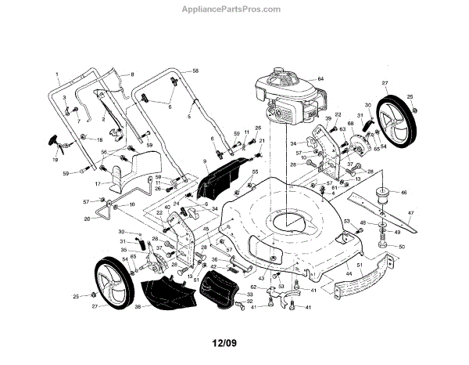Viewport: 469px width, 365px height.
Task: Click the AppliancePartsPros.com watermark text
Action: click(x=235, y=9)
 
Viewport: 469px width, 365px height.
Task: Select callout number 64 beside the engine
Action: click(x=320, y=79)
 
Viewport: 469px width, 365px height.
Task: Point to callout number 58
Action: click(x=196, y=71)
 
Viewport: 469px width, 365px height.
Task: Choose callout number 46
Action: click(x=404, y=191)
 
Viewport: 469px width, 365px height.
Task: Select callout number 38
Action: click(x=138, y=308)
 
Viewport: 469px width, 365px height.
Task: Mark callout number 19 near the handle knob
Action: click(x=55, y=159)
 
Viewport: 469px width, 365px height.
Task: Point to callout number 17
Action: click(x=96, y=183)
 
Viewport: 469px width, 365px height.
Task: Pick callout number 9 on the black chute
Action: click(x=206, y=163)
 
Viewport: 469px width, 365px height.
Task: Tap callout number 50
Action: click(x=401, y=247)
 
